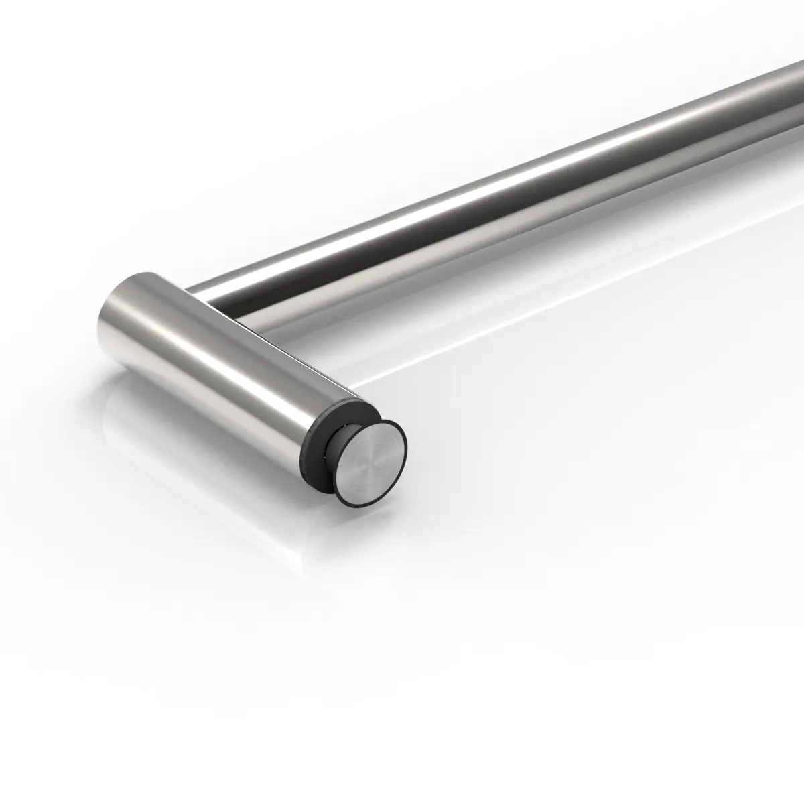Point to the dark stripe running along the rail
pyautogui.click(x=469, y=221)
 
